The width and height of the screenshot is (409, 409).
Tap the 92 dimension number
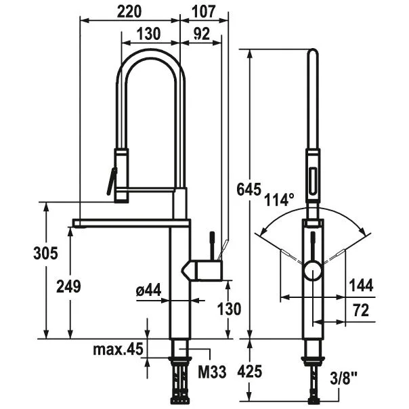(x=200, y=34)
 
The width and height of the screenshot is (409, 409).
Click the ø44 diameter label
(x=148, y=290)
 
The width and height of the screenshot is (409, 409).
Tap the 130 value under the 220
(x=148, y=34)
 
